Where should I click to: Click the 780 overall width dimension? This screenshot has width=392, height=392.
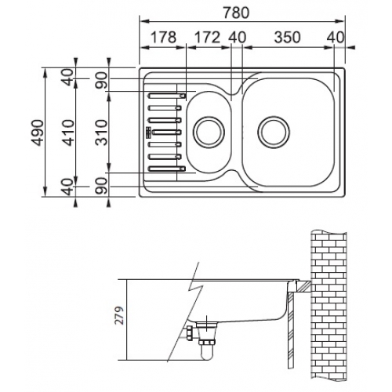tap(236, 13)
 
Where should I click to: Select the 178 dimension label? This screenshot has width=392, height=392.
tap(164, 37)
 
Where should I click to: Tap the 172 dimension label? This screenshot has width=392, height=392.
tap(208, 37)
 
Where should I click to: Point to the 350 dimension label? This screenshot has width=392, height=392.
tap(287, 37)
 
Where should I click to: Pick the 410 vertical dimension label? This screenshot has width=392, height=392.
tap(69, 132)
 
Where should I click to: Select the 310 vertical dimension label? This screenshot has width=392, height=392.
tap(101, 132)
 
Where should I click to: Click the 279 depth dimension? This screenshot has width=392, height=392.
tap(119, 315)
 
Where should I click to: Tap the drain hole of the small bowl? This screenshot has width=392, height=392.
tap(209, 132)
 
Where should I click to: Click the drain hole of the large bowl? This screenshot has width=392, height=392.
tap(274, 132)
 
